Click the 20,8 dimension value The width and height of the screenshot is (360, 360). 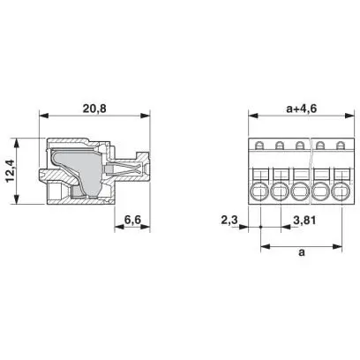point(94,109)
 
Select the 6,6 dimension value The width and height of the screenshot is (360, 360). point(132,220)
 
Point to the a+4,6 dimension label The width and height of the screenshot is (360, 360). point(301,109)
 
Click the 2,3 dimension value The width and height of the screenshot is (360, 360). point(229,220)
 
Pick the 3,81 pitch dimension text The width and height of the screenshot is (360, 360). point(304,220)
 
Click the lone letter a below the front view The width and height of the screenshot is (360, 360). point(302,252)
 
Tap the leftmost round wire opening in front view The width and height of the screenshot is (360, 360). point(259,192)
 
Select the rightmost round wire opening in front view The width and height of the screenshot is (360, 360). point(341,192)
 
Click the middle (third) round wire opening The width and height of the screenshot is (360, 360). point(300,192)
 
